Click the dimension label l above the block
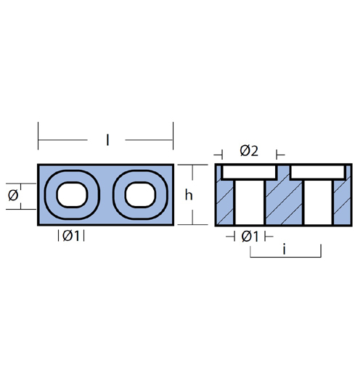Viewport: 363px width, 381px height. (107, 140)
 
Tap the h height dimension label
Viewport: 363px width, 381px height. (189, 194)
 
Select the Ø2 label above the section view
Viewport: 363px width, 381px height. (249, 151)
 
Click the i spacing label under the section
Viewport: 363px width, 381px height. (284, 250)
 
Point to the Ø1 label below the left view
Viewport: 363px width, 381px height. (71, 236)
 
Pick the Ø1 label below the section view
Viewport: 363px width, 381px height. (250, 237)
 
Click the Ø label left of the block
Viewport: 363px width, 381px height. (13, 195)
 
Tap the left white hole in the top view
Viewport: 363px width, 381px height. (72, 194)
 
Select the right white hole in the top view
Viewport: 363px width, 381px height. (140, 194)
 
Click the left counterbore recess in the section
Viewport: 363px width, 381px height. (249, 172)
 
